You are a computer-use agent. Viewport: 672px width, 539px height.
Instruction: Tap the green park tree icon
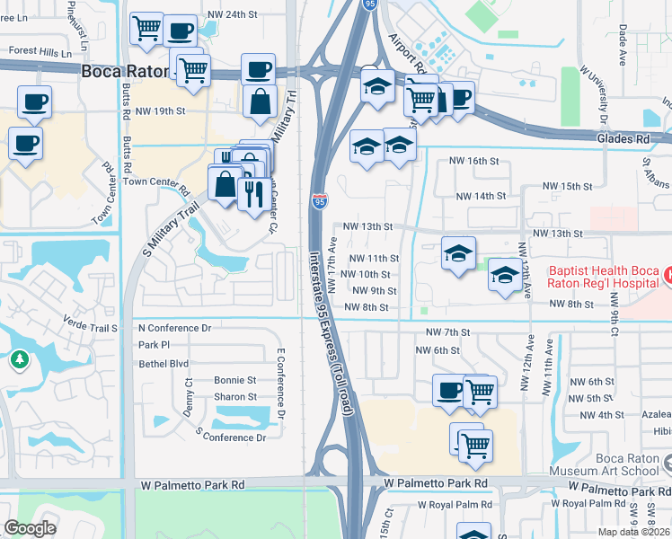19,360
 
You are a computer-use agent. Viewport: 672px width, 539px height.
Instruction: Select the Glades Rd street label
622,139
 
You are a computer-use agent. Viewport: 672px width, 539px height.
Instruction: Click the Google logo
30,528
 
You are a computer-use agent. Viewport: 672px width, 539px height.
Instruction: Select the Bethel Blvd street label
164,363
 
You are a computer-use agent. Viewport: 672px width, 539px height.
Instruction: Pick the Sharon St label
234,396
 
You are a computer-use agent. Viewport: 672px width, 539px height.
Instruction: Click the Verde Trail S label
90,328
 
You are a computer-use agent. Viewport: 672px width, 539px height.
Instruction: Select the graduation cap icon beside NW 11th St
457,254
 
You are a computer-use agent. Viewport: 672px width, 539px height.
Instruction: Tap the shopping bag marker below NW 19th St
260,102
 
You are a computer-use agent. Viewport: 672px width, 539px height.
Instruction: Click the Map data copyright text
633,532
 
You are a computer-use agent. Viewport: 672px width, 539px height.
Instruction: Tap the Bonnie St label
234,380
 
